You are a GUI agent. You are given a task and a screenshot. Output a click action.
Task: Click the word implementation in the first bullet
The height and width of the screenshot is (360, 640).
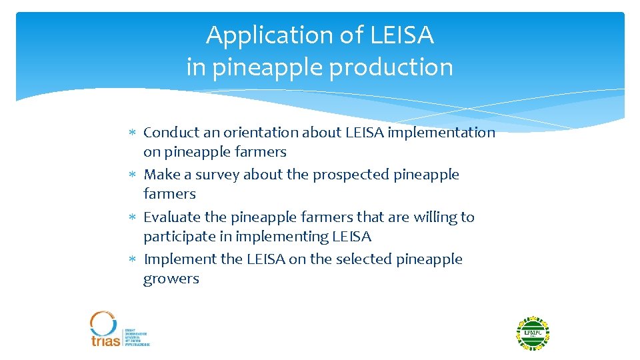[x=441, y=133]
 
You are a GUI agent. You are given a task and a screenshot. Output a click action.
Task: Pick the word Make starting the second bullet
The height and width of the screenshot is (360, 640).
[x=159, y=175]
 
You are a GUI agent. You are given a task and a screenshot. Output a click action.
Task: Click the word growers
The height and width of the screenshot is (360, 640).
[x=171, y=279]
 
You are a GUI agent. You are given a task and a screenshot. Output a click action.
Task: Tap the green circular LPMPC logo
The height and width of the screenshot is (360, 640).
[x=533, y=333]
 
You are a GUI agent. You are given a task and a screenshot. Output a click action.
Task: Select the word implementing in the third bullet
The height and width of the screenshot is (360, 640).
[x=283, y=237]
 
